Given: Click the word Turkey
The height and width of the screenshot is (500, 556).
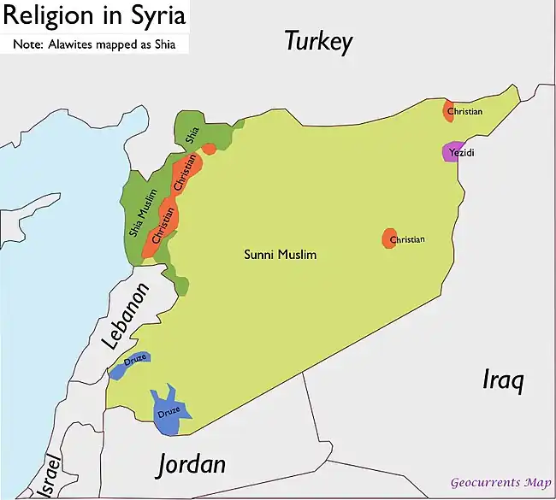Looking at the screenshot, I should (318, 42).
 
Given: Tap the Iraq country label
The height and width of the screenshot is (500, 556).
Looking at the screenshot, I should (502, 380).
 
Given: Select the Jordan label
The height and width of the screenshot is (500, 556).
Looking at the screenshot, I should (192, 464).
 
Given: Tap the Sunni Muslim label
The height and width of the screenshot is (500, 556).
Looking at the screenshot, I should (281, 255).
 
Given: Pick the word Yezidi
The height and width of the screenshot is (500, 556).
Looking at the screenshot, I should (462, 153).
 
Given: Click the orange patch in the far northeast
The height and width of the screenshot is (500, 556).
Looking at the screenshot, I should (448, 110).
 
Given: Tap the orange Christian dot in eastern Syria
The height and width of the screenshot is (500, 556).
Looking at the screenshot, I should (389, 238).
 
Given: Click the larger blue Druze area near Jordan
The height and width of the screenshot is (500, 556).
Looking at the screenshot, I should (170, 408).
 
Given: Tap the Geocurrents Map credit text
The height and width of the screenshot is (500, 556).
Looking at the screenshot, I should (500, 483).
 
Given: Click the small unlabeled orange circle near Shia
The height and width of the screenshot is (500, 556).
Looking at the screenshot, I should (209, 148).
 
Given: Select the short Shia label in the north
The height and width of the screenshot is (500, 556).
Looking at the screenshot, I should (192, 134).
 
